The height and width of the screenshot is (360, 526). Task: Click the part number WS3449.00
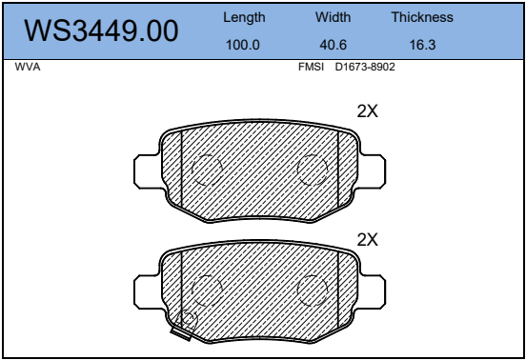coord(101,30)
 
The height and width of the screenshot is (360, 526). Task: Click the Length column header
coord(244,17)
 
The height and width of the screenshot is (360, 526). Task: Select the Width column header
coord(334,17)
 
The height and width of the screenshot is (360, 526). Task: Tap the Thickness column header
coord(422,17)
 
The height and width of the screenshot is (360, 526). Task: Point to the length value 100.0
coord(243,45)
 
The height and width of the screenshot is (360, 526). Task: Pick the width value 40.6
coord(334,45)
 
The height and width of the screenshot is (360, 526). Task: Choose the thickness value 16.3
coord(422,45)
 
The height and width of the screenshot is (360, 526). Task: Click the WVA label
coord(28,67)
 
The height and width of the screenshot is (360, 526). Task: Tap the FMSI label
coord(311,67)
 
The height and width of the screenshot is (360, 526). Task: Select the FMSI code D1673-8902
coord(365,67)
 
